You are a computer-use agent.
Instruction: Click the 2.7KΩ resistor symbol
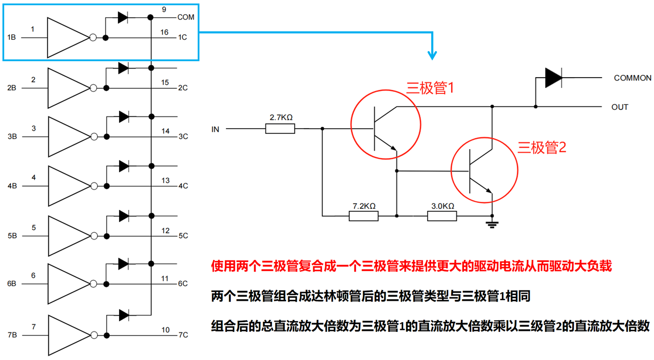click(280, 129)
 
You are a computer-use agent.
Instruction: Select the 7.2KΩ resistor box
click(363, 216)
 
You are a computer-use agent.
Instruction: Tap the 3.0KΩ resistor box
click(442, 216)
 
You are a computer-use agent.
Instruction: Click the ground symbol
click(492, 224)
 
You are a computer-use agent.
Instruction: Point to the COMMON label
click(633, 78)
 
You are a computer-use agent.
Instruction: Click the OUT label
click(620, 107)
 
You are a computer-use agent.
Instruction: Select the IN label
click(215, 129)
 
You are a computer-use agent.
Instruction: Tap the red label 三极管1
click(430, 87)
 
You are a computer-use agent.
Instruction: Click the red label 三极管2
click(542, 148)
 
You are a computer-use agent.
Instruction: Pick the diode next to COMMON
click(553, 78)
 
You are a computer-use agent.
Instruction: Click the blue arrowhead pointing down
click(432, 56)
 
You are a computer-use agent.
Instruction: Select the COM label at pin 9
click(185, 17)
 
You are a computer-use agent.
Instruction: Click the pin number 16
click(165, 32)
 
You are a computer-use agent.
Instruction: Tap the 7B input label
click(12, 335)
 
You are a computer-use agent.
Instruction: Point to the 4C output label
click(183, 186)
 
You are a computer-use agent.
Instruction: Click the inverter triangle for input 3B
click(69, 137)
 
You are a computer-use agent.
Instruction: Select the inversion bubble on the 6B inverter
click(94, 283)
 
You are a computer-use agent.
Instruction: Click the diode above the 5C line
click(124, 216)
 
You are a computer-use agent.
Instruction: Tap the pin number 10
click(166, 330)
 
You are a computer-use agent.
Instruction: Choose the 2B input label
click(12, 88)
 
